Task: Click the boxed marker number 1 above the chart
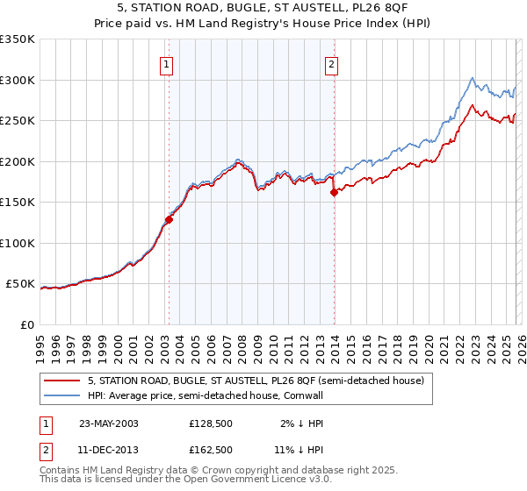pos(167,63)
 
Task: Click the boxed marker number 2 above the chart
pos(332,63)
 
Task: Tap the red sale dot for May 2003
pos(169,220)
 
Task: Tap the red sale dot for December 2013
pos(334,193)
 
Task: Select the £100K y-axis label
pos(18,243)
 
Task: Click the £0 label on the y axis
pos(26,324)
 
